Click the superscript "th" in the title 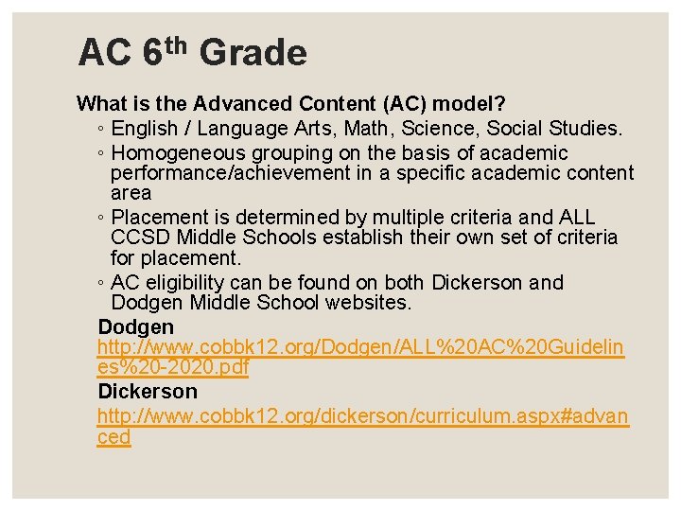176,42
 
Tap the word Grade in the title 253,53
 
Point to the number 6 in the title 153,53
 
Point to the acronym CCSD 137,237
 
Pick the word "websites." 369,303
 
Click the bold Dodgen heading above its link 135,326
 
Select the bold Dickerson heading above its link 148,391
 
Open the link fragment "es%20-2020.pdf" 172,368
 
